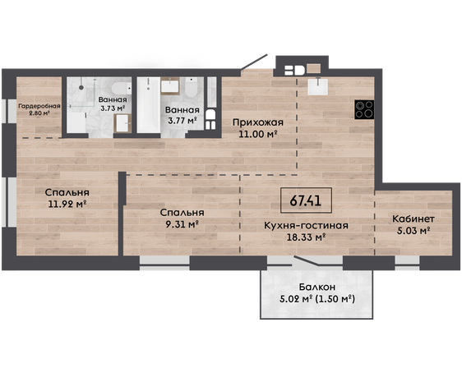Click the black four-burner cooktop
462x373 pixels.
click(364, 109)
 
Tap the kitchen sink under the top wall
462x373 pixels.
click(317, 86)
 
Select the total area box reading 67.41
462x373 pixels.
click(306, 200)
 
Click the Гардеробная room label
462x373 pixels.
click(39, 106)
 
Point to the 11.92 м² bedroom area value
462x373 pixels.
click(67, 204)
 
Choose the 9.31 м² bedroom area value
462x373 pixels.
click(182, 224)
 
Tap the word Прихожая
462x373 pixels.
click(258, 122)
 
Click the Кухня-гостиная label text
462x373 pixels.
click(306, 225)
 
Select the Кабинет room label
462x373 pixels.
click(413, 219)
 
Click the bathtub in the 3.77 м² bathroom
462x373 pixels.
click(149, 105)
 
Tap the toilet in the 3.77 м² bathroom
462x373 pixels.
click(192, 87)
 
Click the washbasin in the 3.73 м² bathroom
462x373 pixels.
click(122, 123)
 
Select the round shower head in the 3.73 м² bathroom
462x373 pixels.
click(81, 87)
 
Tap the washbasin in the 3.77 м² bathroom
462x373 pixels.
click(170, 86)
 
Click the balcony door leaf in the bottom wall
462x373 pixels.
click(306, 261)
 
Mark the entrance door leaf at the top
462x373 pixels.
click(254, 62)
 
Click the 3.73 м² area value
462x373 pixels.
click(113, 108)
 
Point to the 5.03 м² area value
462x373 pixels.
click(413, 231)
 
